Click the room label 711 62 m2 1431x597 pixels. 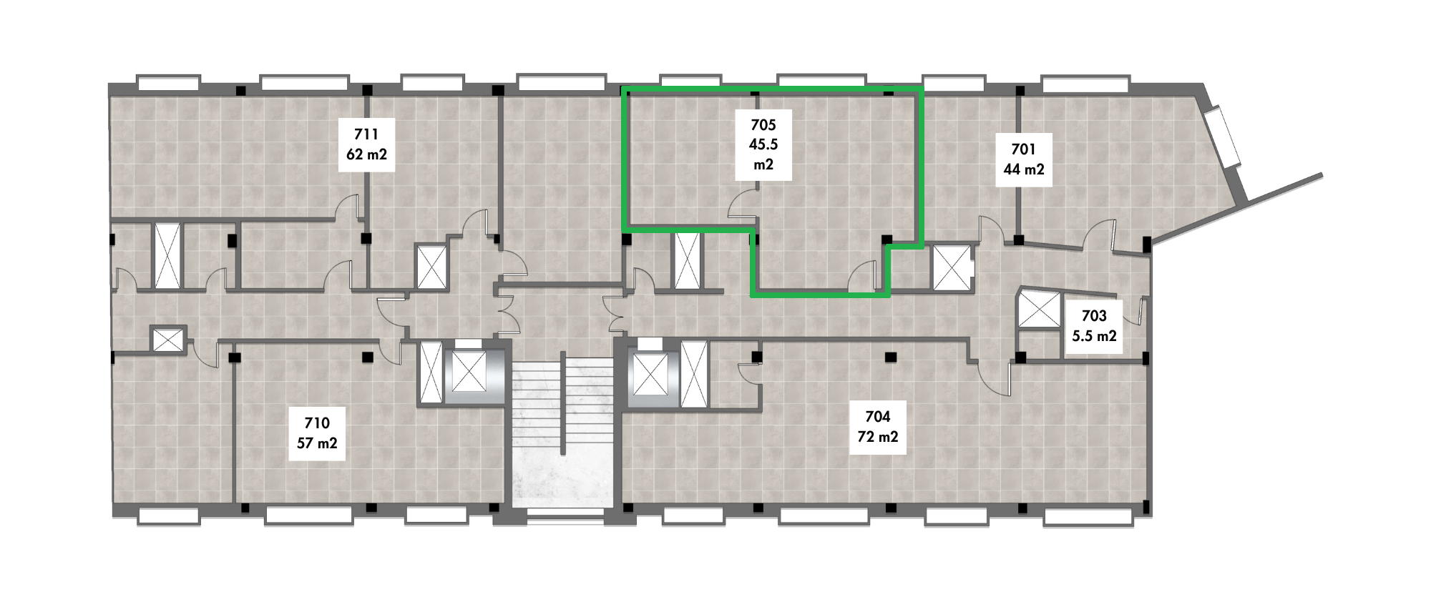click(366, 144)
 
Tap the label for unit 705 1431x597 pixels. click(763, 144)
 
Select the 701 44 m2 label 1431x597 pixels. click(1024, 159)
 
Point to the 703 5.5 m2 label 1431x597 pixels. click(1094, 326)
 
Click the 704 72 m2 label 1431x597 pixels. click(878, 427)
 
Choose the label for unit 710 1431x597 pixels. click(317, 433)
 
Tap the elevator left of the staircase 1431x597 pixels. click(464, 373)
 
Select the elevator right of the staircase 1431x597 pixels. click(650, 374)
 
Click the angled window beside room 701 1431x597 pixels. click(1223, 137)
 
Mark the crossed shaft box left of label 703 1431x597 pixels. click(1039, 310)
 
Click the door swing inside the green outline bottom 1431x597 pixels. click(863, 277)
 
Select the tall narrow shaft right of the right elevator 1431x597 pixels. click(693, 374)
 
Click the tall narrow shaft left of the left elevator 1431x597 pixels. click(431, 373)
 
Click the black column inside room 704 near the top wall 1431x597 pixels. click(890, 356)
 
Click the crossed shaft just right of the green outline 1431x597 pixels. click(952, 267)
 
